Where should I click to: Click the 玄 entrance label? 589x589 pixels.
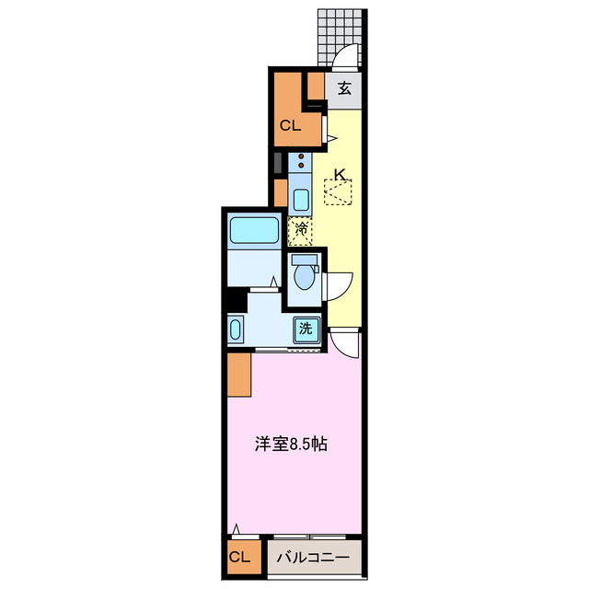(x=343, y=88)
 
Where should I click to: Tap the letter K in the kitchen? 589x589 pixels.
(x=340, y=173)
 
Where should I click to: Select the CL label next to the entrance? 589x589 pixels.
(x=291, y=127)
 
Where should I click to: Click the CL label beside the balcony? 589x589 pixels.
(x=239, y=557)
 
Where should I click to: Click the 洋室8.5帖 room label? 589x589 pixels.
(x=292, y=444)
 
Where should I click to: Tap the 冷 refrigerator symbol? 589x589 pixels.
(x=301, y=230)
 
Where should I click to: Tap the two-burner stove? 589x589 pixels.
(x=301, y=163)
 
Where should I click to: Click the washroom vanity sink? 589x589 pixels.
(x=235, y=330)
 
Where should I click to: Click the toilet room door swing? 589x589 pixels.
(x=337, y=286)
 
